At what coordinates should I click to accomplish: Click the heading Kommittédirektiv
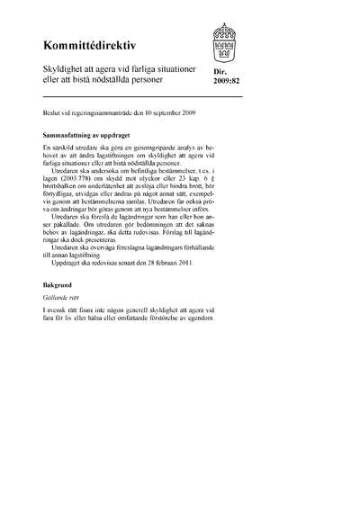[x=85, y=43]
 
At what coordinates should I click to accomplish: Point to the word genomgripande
[x=144, y=146]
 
